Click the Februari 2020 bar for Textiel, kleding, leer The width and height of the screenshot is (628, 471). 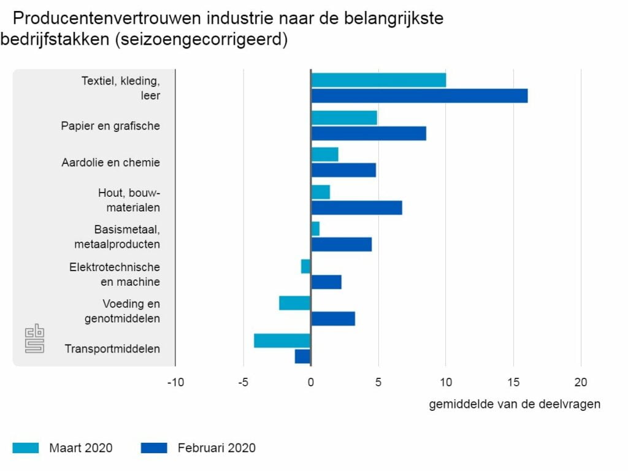(419, 96)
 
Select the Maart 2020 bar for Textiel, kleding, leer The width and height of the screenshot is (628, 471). (378, 80)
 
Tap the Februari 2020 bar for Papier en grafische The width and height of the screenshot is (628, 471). (369, 133)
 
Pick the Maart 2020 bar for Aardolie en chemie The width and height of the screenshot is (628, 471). (325, 155)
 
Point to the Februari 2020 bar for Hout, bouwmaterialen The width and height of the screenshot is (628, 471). (357, 207)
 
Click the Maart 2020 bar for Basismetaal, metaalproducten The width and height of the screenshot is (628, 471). (316, 229)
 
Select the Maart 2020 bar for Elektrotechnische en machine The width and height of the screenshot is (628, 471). (306, 266)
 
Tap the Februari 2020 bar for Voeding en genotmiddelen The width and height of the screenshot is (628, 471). (333, 319)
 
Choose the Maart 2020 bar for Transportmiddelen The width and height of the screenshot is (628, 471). (283, 340)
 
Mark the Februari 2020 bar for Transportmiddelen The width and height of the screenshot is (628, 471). (303, 356)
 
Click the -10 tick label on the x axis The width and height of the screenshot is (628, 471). (175, 383)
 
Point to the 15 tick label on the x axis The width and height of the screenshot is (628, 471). (513, 383)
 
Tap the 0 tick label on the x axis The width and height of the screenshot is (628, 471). (311, 383)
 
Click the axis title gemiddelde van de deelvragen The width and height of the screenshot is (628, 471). (515, 404)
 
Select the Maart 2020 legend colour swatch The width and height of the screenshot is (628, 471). (25, 448)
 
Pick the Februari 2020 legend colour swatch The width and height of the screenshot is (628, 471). (154, 448)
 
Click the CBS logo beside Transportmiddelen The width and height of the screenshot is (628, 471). (34, 339)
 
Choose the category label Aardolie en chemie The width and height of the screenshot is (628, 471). (110, 163)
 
